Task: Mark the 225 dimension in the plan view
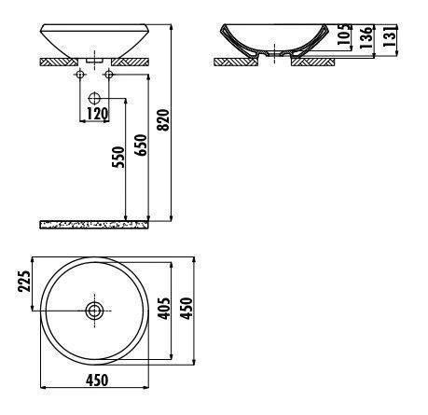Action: pyautogui.click(x=25, y=280)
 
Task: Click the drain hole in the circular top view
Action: pyautogui.click(x=95, y=311)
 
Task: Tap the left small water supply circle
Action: pyautogui.click(x=79, y=74)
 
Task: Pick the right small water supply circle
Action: pyautogui.click(x=110, y=74)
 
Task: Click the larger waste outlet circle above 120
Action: pyautogui.click(x=95, y=97)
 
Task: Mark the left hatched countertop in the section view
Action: pyautogui.click(x=239, y=62)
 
